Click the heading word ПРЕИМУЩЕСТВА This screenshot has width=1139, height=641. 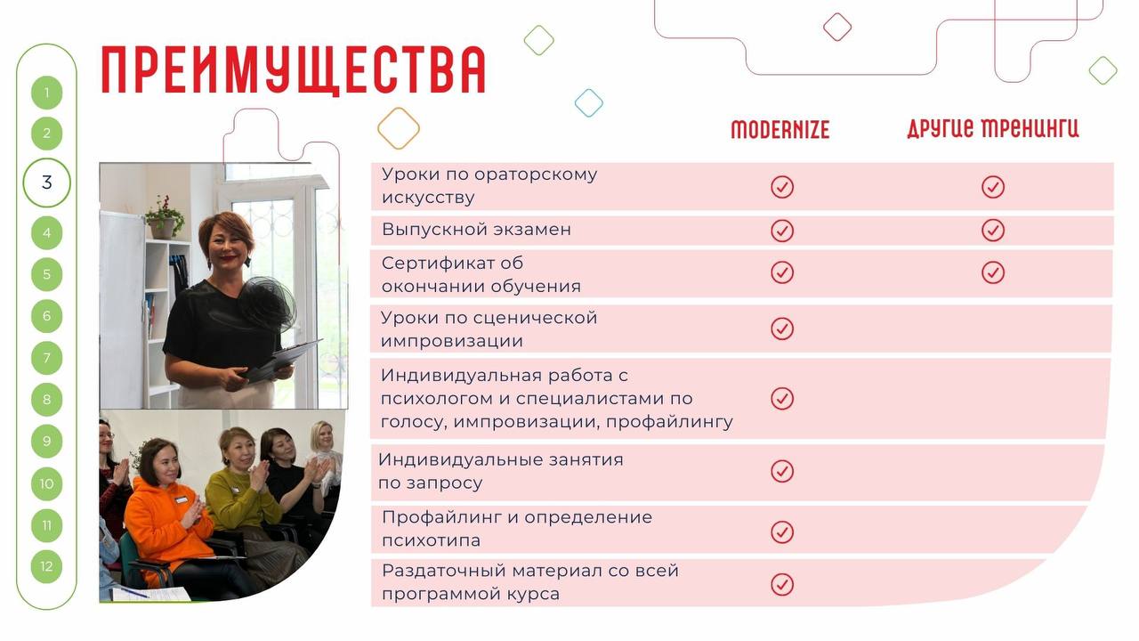(294, 70)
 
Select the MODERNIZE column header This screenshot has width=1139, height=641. (780, 130)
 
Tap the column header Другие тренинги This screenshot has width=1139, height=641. (992, 128)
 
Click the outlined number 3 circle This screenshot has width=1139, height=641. (47, 183)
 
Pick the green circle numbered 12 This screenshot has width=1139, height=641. (47, 567)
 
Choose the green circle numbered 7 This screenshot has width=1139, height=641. (47, 358)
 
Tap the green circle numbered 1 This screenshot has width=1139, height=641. (47, 93)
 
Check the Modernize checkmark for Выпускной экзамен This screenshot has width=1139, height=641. (782, 231)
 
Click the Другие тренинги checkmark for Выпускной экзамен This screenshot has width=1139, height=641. (993, 231)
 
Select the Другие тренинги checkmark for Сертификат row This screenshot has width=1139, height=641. (993, 272)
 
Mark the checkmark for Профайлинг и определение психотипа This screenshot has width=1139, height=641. (782, 532)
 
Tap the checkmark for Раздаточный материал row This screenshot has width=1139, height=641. (782, 585)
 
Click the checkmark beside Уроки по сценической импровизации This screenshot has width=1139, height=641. (782, 329)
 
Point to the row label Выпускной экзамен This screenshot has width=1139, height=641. (476, 230)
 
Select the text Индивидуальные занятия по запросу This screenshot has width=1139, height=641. (501, 471)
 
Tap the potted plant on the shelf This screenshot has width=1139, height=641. (165, 217)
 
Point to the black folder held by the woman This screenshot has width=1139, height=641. (282, 361)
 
